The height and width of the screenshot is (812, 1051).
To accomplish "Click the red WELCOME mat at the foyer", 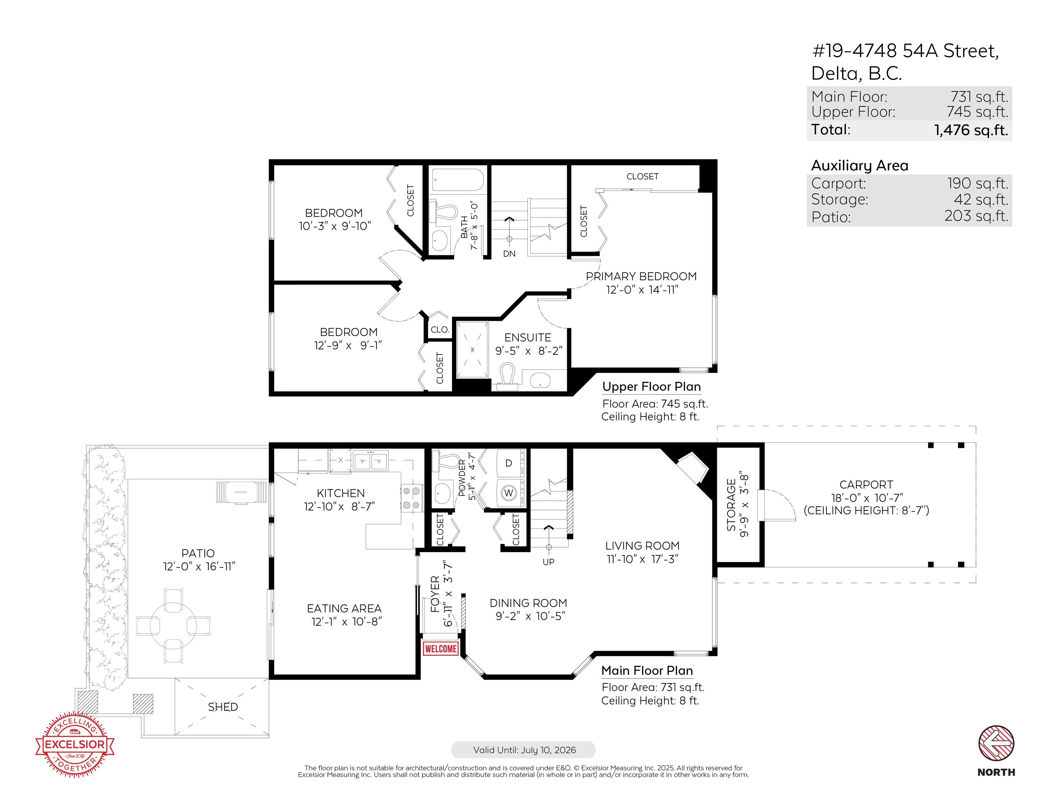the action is click(x=440, y=648).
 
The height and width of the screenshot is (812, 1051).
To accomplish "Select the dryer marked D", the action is click(x=509, y=463).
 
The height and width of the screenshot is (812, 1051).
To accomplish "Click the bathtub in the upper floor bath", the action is click(x=457, y=180).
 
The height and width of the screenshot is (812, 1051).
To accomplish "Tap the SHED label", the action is click(x=223, y=707).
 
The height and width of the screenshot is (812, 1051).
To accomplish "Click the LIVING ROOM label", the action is click(x=642, y=546).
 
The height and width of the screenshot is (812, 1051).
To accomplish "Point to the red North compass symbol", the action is click(x=996, y=744).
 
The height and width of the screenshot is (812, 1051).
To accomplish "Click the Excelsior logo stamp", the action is click(x=75, y=745).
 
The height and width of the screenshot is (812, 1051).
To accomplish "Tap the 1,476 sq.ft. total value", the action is click(x=971, y=130).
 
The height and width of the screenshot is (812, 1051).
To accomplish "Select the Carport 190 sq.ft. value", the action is click(x=977, y=183).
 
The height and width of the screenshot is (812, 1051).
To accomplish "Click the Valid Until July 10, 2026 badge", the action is click(x=524, y=750).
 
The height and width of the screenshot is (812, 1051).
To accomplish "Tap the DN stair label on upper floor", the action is click(x=509, y=253).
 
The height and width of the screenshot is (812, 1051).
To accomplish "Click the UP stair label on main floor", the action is click(x=549, y=562).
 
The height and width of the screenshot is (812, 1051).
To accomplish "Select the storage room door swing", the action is click(x=776, y=505).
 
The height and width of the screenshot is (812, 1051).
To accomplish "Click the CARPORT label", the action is click(x=866, y=484).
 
